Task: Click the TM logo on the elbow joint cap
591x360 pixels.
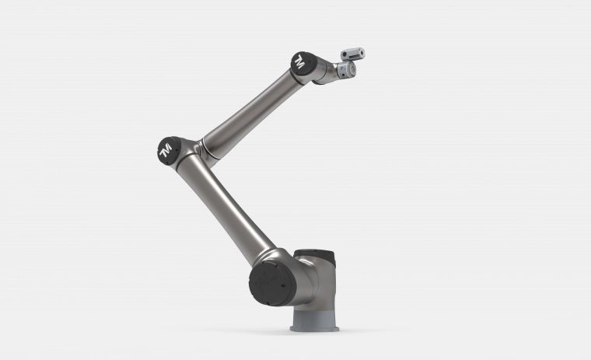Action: [x=166, y=150]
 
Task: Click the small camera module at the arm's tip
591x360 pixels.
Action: [x=353, y=54]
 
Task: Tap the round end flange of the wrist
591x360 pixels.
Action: [x=347, y=70]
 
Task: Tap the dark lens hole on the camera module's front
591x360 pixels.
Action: [x=362, y=54]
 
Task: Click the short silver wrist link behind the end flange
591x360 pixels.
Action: [x=330, y=71]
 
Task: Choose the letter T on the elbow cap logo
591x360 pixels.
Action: [x=164, y=154]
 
